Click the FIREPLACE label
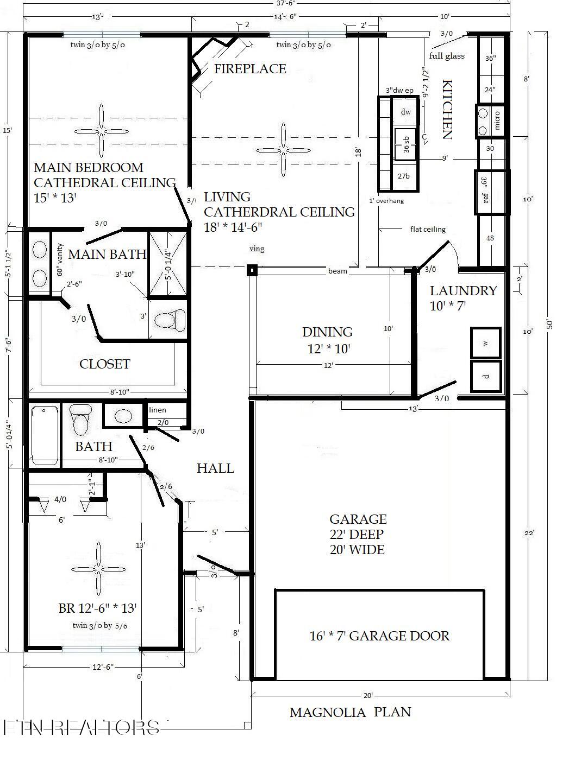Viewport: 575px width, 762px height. [x=249, y=69]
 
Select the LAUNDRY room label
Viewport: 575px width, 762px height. [x=463, y=291]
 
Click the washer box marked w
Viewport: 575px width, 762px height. [x=485, y=343]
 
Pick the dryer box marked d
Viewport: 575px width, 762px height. [x=485, y=376]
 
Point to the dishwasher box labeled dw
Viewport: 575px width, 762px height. [x=405, y=112]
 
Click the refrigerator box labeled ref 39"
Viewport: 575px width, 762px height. [x=490, y=193]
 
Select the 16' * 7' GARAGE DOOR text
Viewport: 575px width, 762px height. [x=379, y=636]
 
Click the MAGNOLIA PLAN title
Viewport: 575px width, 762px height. [x=350, y=712]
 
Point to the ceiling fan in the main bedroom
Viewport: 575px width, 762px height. [x=101, y=131]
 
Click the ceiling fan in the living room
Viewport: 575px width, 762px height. [x=283, y=149]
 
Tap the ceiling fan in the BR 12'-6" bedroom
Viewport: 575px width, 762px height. [x=98, y=569]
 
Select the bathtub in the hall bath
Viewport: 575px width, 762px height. [x=45, y=435]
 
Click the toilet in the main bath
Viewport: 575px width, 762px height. [x=169, y=320]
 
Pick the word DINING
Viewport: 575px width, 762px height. [x=327, y=332]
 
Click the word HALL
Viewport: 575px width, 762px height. [x=215, y=468]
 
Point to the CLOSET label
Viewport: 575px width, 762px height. [x=105, y=364]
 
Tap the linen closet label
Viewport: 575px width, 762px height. [x=158, y=410]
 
